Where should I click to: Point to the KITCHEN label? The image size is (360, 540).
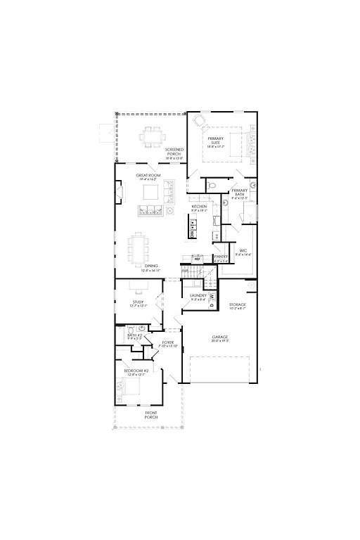tap(199, 207)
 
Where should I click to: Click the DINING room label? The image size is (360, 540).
tap(151, 267)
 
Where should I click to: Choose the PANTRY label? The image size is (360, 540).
tap(219, 257)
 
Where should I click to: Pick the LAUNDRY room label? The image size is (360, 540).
tap(198, 296)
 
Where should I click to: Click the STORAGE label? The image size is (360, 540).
tap(237, 304)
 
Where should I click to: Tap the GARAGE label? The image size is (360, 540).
tap(220, 337)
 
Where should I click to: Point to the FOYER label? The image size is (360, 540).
tap(167, 344)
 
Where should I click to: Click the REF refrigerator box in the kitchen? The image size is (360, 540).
tap(198, 259)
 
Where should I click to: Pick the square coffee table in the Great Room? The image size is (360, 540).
tap(151, 192)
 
